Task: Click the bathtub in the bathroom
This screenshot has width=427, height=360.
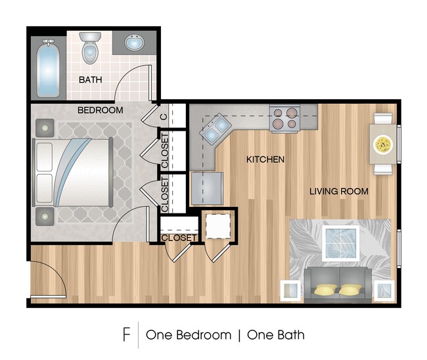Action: click(x=48, y=69)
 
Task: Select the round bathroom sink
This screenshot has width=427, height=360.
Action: click(x=135, y=43)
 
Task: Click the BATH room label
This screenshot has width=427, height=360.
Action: click(x=90, y=80)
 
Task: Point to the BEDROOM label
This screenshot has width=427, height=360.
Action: click(x=100, y=110)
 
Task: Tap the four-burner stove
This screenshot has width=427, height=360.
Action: click(x=284, y=119)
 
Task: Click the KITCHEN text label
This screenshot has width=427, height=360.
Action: click(x=265, y=159)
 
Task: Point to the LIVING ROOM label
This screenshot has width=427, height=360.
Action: click(x=339, y=191)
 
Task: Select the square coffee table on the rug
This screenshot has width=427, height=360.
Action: click(x=340, y=241)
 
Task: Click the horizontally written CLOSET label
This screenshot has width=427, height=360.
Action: click(x=179, y=237)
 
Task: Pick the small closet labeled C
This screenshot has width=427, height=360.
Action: click(x=164, y=118)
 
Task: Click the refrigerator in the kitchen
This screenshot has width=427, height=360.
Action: click(x=207, y=189)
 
